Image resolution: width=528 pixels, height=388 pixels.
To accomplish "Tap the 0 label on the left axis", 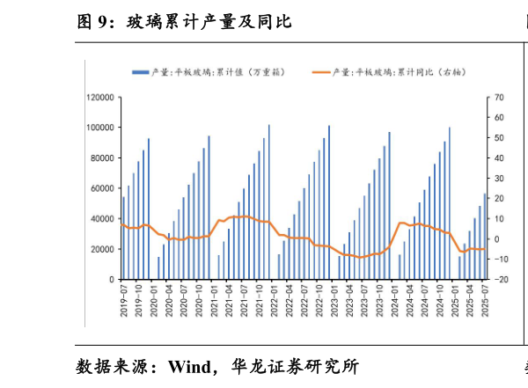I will (x=112, y=280).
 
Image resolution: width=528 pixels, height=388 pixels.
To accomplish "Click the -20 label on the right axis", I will (x=499, y=280).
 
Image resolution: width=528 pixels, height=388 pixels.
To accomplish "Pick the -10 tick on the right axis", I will (x=499, y=260).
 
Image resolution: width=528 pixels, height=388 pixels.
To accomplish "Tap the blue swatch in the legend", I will (x=139, y=72).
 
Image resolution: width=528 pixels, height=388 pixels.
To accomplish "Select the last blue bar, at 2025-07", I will (x=484, y=236).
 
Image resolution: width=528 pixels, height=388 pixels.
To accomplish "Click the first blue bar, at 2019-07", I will (x=123, y=238).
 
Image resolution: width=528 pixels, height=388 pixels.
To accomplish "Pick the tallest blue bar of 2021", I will (x=268, y=202).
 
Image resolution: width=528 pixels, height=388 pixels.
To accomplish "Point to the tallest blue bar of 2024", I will (x=449, y=203).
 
